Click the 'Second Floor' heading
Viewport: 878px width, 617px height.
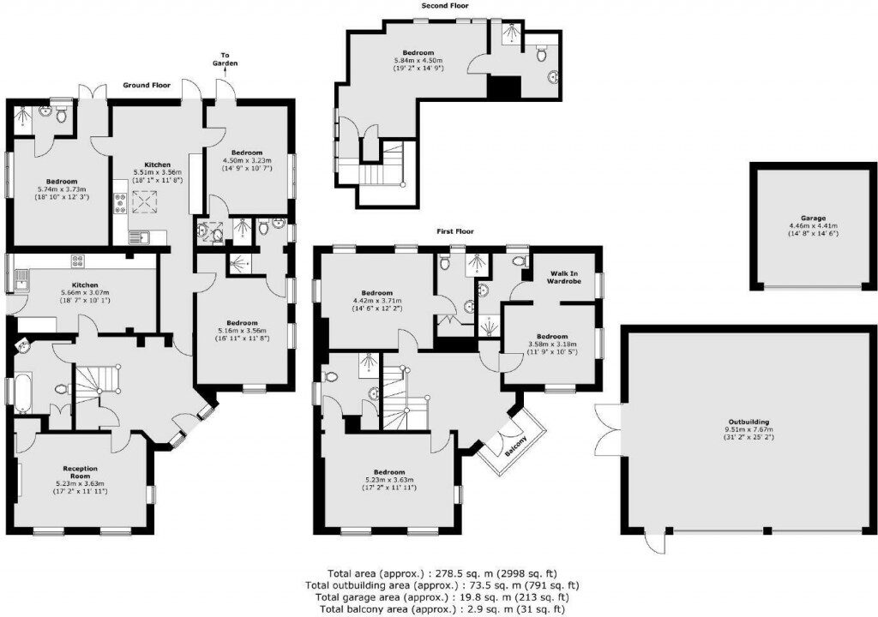point(444,6)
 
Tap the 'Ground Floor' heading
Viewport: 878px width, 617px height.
point(147,85)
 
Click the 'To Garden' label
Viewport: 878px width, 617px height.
point(226,58)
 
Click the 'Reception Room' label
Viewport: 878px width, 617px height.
point(80,473)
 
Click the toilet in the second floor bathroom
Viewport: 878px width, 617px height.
point(541,54)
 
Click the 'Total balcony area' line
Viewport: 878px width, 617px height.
point(446,608)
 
